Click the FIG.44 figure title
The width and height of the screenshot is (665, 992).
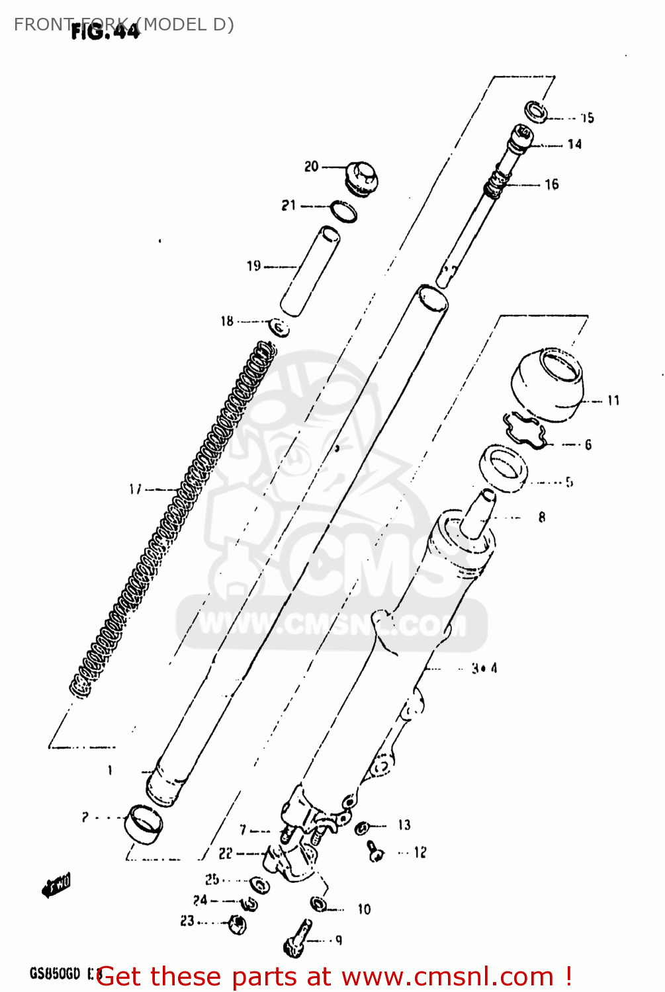pyautogui.click(x=106, y=31)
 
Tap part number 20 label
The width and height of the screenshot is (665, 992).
pyautogui.click(x=312, y=167)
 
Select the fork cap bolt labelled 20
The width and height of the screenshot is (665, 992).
pyautogui.click(x=361, y=178)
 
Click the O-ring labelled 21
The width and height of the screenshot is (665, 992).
pyautogui.click(x=343, y=211)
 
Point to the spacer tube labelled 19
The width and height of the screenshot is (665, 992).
pyautogui.click(x=310, y=271)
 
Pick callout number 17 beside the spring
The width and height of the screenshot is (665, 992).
pyautogui.click(x=136, y=489)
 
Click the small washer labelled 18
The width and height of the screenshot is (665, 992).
pyautogui.click(x=279, y=327)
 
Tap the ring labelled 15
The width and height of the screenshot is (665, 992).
pyautogui.click(x=536, y=112)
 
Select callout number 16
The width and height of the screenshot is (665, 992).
pyautogui.click(x=552, y=185)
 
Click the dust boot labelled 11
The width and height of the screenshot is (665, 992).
pyautogui.click(x=549, y=386)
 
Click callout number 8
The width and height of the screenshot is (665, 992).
pyautogui.click(x=542, y=517)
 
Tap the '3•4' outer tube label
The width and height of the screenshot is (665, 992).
pyautogui.click(x=484, y=669)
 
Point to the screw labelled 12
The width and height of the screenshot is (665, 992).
pyautogui.click(x=375, y=851)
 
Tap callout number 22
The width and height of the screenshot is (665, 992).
pyautogui.click(x=226, y=854)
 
